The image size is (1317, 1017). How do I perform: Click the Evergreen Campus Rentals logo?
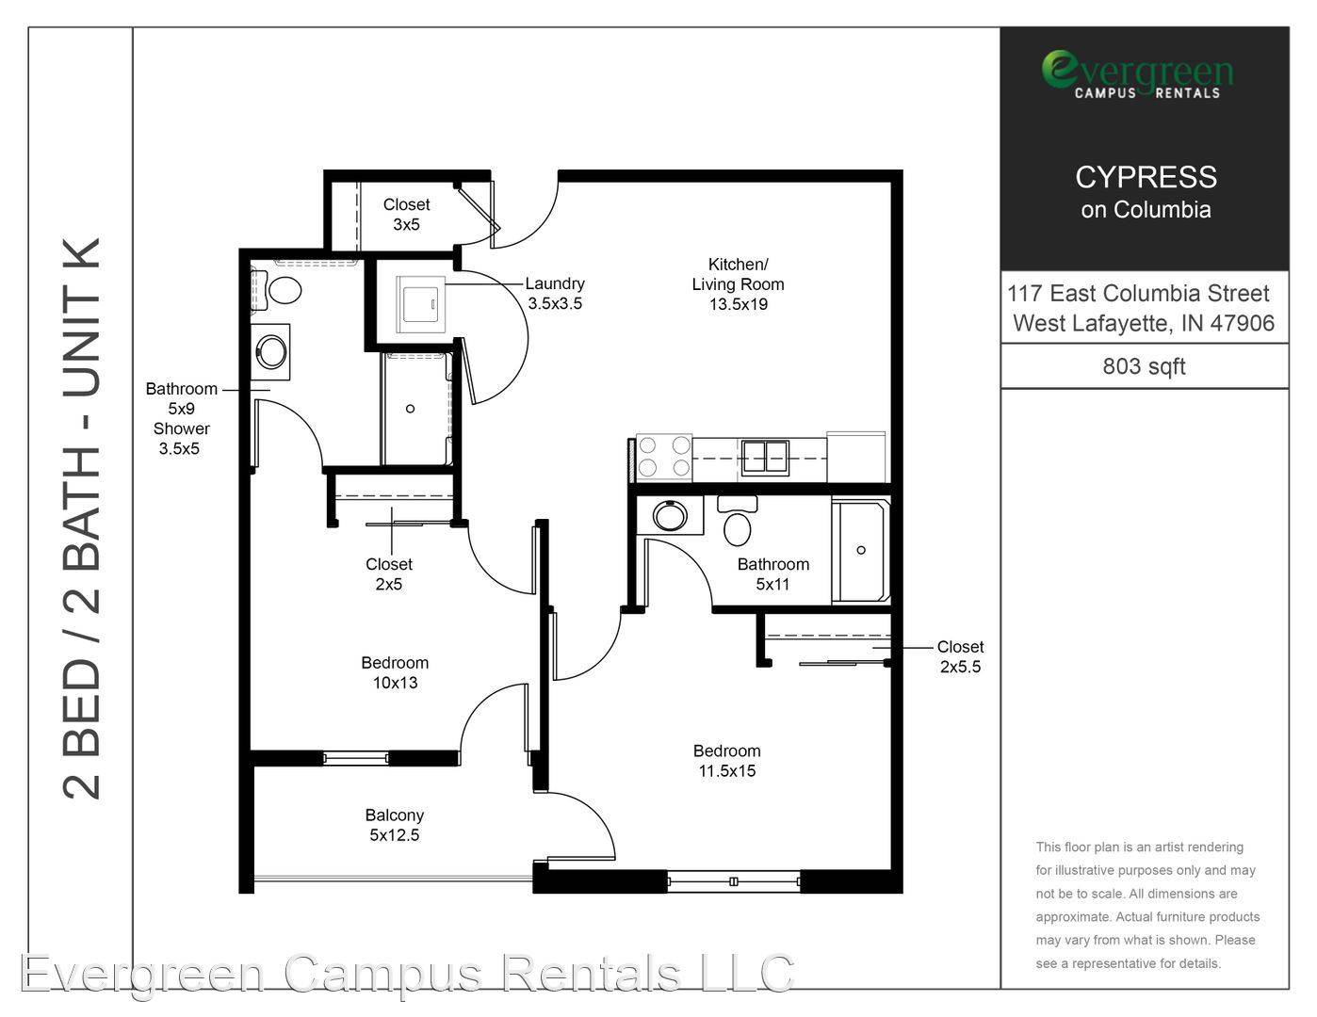pyautogui.click(x=1137, y=74)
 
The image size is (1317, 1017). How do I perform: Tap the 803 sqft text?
pyautogui.click(x=1144, y=367)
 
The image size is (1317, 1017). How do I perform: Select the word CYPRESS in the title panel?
pyautogui.click(x=1146, y=177)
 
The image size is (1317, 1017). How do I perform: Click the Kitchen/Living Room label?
pyautogui.click(x=739, y=284)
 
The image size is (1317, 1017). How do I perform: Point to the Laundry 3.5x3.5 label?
pyautogui.click(x=555, y=293)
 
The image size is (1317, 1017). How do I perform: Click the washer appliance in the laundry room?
pyautogui.click(x=420, y=305)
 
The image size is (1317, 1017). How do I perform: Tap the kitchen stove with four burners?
pyautogui.click(x=664, y=458)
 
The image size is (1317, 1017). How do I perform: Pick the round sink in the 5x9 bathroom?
pyautogui.click(x=271, y=352)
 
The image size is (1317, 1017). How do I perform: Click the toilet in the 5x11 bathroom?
pyautogui.click(x=737, y=521)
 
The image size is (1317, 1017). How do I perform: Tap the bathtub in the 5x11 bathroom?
pyautogui.click(x=861, y=550)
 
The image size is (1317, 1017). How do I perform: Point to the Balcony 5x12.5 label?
pyautogui.click(x=395, y=825)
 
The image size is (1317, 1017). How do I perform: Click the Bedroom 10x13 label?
pyautogui.click(x=395, y=672)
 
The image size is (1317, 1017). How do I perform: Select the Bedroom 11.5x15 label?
pyautogui.click(x=727, y=761)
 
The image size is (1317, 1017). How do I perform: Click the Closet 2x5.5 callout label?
pyautogui.click(x=961, y=656)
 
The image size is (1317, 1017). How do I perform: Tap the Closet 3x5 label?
pyautogui.click(x=406, y=215)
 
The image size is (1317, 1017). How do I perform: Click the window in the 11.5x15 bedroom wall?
pyautogui.click(x=733, y=881)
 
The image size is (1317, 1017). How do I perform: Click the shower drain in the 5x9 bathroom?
pyautogui.click(x=411, y=409)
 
